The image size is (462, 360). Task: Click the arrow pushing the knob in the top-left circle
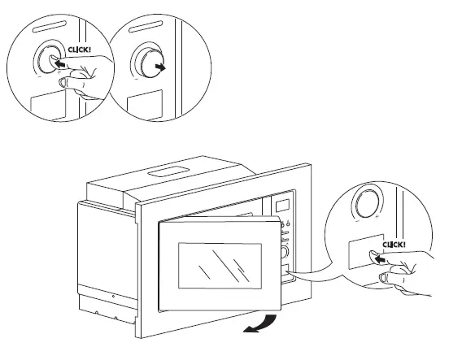(54, 61)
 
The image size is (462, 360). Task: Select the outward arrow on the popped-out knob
(163, 69)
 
